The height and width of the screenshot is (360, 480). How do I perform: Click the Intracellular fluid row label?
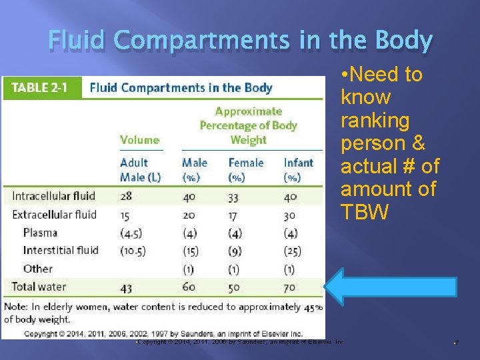[53, 196]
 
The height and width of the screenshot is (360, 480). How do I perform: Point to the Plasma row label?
[40, 233]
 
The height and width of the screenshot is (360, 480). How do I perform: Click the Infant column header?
[297, 163]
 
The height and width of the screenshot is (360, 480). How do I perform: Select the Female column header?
[246, 163]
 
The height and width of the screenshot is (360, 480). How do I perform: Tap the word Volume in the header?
[139, 140]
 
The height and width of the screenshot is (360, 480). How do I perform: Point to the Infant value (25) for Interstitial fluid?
[292, 251]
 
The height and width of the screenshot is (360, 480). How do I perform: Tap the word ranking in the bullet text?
[375, 121]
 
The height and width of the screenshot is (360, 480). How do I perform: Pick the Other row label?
[37, 269]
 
